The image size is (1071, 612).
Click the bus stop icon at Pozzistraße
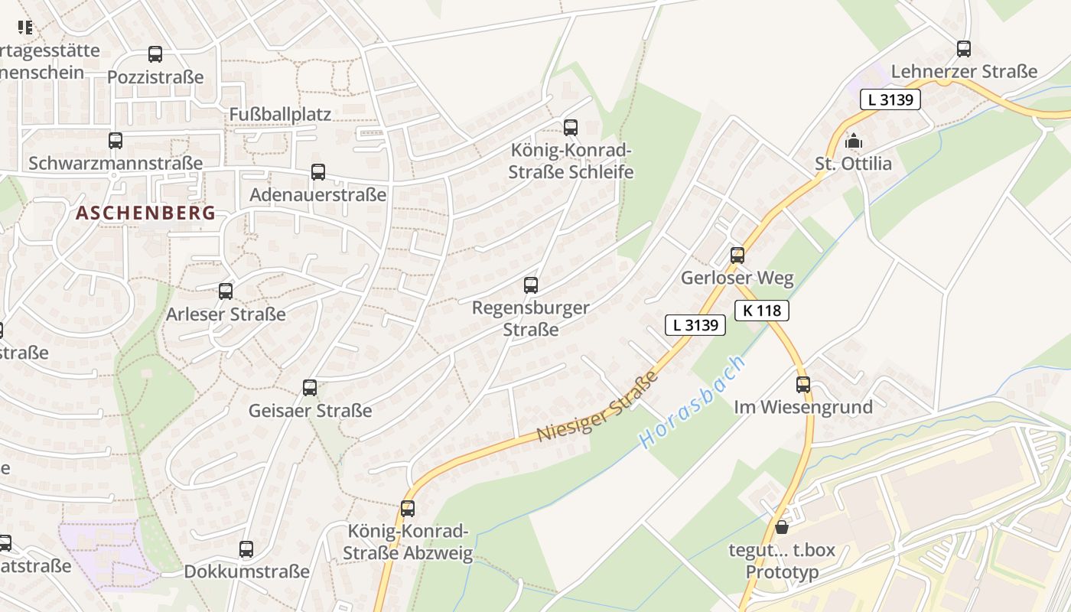tap(155, 54)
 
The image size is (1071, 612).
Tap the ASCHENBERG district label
tap(146, 213)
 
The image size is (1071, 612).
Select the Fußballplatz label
tap(280, 114)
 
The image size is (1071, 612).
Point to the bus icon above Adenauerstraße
tap(318, 172)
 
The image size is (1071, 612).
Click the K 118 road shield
tap(761, 310)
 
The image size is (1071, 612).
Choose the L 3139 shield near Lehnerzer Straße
tap(890, 99)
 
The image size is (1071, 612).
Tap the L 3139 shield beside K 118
tap(695, 325)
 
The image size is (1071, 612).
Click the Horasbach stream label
tap(692, 402)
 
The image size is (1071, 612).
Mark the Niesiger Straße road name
tap(597, 406)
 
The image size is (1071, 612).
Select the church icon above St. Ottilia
tap(854, 142)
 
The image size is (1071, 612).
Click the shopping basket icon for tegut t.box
tap(781, 527)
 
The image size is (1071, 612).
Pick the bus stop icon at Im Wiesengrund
tap(803, 385)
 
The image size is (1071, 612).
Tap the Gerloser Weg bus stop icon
tap(737, 256)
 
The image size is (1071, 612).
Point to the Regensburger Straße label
tap(531, 318)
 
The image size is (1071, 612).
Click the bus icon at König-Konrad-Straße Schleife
tap(571, 128)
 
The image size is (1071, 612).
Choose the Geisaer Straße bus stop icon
tap(310, 388)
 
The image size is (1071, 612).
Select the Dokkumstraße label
tap(246, 571)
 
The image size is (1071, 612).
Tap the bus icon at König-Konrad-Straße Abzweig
tap(408, 509)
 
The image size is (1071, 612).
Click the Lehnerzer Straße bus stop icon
tap(964, 49)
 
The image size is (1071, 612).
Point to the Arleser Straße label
tap(226, 314)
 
